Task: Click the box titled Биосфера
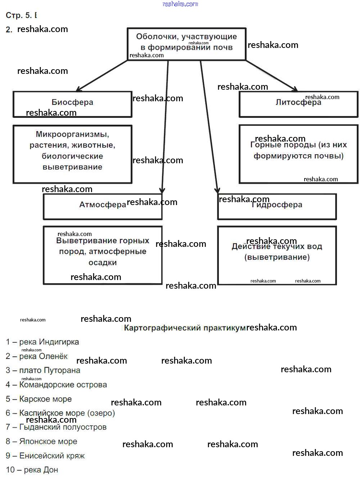[x=72, y=104]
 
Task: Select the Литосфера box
[x=298, y=104]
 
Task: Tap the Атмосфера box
[x=103, y=206]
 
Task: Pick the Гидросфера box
[x=277, y=206]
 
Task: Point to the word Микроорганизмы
[x=72, y=134]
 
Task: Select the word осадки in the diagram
[x=103, y=263]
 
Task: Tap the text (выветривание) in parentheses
[x=277, y=257]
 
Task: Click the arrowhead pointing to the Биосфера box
[x=78, y=89]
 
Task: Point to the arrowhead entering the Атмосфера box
[x=162, y=191]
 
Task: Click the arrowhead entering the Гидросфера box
[x=217, y=191]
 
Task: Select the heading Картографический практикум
[x=185, y=328]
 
